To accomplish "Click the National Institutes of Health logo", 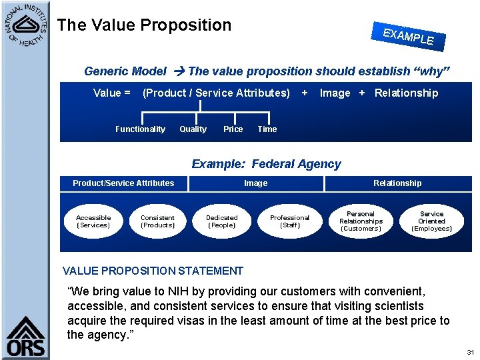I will (25, 25).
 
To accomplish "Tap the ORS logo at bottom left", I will (26, 337).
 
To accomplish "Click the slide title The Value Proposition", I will (144, 25).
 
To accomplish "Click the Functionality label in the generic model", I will (140, 129).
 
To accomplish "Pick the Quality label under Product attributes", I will (193, 129).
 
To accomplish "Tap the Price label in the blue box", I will (233, 129).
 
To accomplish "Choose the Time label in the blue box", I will (267, 129).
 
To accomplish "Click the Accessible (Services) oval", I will (93, 221).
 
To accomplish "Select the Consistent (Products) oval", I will (157, 221).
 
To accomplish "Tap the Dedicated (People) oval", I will (222, 221).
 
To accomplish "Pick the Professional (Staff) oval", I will (289, 221).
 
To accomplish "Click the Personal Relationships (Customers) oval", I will (361, 221).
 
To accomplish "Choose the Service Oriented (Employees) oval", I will (431, 221).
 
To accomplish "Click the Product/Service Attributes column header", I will (123, 183).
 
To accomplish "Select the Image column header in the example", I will (255, 183).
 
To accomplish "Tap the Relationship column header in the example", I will (397, 183).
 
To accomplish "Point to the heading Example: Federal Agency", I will (266, 164).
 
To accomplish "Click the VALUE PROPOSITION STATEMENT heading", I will (153, 271).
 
